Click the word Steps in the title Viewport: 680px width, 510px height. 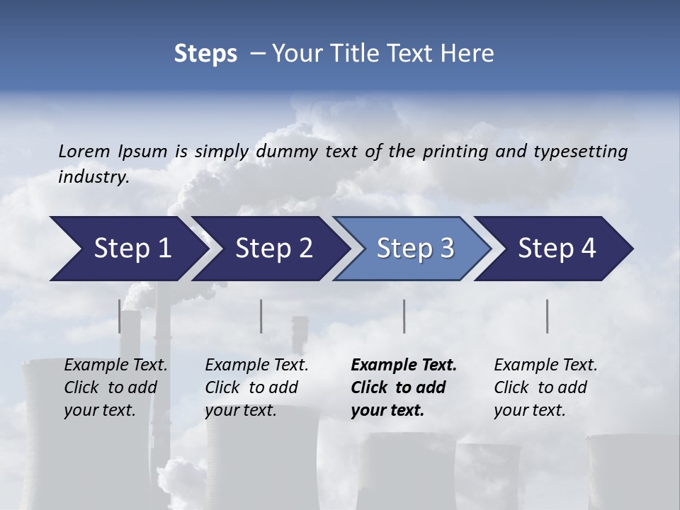tap(205, 54)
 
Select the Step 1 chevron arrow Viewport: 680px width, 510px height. tap(127, 249)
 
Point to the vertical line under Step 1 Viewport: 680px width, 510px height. tap(120, 316)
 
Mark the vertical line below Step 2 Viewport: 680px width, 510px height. tap(261, 316)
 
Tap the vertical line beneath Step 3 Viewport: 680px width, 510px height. tap(404, 316)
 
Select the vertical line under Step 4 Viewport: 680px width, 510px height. tap(548, 316)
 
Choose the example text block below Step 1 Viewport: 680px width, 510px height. tap(115, 387)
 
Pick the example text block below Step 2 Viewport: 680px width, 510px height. tap(256, 387)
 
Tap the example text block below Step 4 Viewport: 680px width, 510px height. tap(545, 387)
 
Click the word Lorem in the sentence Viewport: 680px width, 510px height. tap(84, 152)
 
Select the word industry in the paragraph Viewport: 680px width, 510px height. tap(93, 177)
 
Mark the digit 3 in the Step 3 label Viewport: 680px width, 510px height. tap(446, 249)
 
